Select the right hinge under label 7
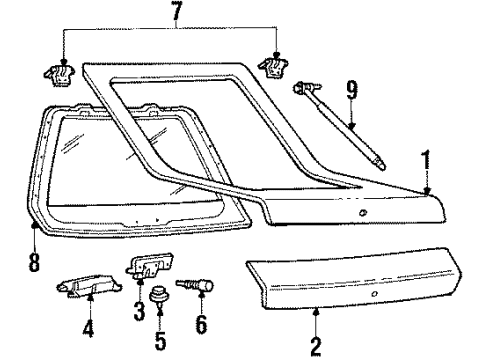coord(273,67)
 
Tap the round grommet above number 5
coord(158,296)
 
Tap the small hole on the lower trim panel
coord(374,298)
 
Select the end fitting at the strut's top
coord(303,88)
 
